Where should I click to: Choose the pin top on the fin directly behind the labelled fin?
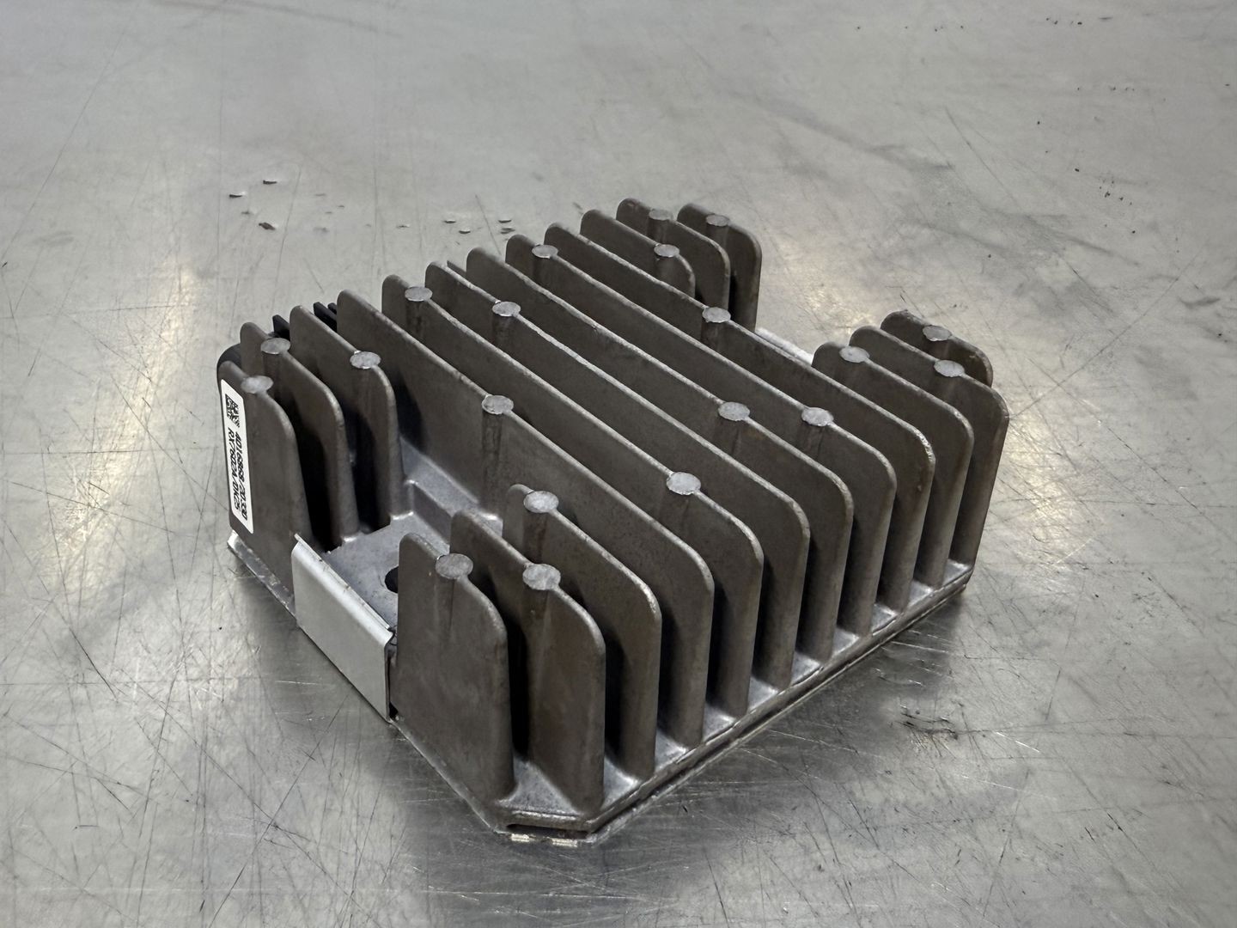(274, 345)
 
